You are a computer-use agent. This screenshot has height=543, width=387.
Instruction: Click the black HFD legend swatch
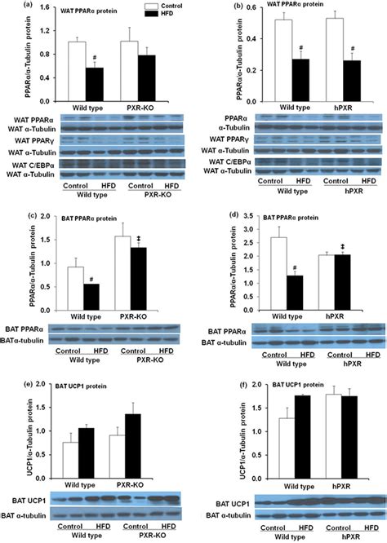[x=156, y=15]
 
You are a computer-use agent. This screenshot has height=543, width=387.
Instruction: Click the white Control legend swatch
[x=156, y=7]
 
